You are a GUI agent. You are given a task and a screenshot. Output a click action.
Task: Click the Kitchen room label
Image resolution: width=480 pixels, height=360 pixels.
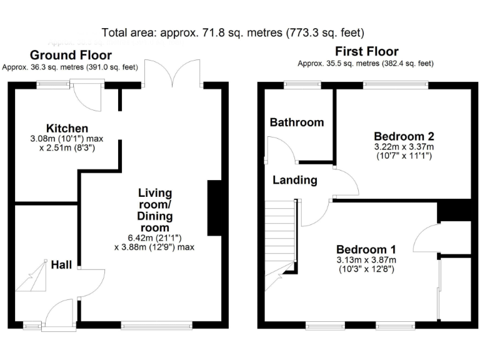click(x=61, y=128)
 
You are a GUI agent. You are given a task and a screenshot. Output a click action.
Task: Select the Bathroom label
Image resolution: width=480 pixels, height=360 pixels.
click(x=296, y=122)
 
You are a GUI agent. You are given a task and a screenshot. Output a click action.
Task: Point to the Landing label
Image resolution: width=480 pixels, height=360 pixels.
click(x=294, y=180)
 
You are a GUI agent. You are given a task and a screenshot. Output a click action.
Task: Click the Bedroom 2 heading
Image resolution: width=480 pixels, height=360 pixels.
click(x=404, y=136)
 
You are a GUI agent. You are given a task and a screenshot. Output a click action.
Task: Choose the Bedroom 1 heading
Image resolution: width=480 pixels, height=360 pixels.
click(x=366, y=248)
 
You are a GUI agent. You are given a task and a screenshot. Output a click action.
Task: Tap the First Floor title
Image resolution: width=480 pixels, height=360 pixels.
click(x=366, y=51)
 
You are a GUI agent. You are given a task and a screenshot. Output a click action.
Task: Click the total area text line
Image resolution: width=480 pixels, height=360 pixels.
click(x=232, y=32)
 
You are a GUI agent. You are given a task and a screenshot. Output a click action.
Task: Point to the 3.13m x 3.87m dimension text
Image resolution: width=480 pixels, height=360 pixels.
click(x=366, y=259)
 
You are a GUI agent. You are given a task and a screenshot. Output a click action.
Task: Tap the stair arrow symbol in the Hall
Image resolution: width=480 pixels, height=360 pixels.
click(x=32, y=278)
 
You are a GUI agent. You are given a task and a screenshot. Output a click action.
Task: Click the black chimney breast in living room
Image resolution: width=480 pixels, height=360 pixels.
click(x=214, y=208)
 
